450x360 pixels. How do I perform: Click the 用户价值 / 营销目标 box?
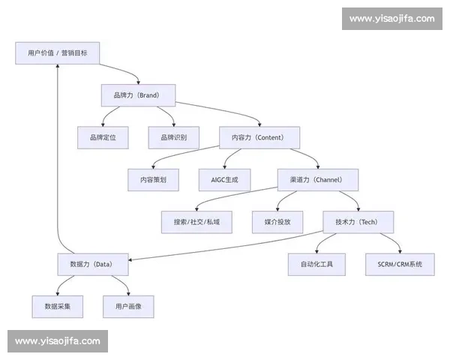click(x=57, y=53)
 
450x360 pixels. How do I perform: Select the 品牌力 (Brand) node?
click(x=138, y=95)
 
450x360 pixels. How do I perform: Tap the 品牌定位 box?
click(x=103, y=137)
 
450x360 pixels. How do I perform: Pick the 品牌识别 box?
click(x=173, y=137)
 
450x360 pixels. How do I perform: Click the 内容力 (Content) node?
click(x=259, y=137)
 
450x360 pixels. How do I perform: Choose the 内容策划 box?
click(x=153, y=180)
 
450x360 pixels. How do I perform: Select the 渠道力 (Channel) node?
click(x=318, y=180)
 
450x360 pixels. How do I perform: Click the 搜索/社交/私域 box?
click(x=196, y=222)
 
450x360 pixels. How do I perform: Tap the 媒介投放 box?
click(x=277, y=222)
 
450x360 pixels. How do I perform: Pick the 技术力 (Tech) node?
click(x=358, y=222)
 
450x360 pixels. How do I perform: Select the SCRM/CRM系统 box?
click(x=400, y=264)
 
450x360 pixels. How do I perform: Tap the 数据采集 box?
click(x=58, y=306)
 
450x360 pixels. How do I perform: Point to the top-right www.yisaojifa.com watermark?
click(x=392, y=18)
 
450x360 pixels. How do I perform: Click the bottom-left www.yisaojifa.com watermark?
click(x=57, y=341)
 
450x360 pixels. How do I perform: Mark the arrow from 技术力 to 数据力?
click(x=225, y=247)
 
